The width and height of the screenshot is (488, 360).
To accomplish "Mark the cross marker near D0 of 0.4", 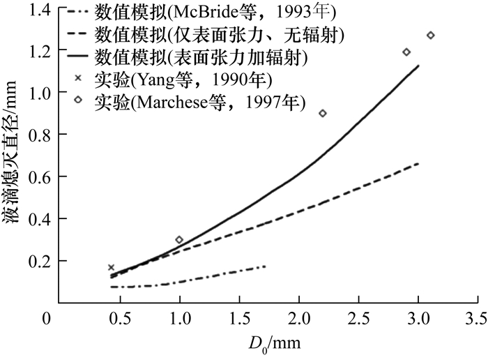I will pyautogui.click(x=111, y=267).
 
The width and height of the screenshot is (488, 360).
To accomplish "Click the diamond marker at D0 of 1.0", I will pyautogui.click(x=179, y=240).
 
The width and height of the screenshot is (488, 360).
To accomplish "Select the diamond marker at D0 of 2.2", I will pyautogui.click(x=322, y=113).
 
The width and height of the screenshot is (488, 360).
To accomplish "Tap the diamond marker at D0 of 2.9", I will pyautogui.click(x=406, y=52).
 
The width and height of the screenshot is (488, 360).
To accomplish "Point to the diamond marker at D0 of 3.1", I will pyautogui.click(x=430, y=36).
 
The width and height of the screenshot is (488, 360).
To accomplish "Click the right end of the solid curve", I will pyautogui.click(x=418, y=66).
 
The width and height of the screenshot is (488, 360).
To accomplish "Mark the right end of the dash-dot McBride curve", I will pyautogui.click(x=266, y=267).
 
